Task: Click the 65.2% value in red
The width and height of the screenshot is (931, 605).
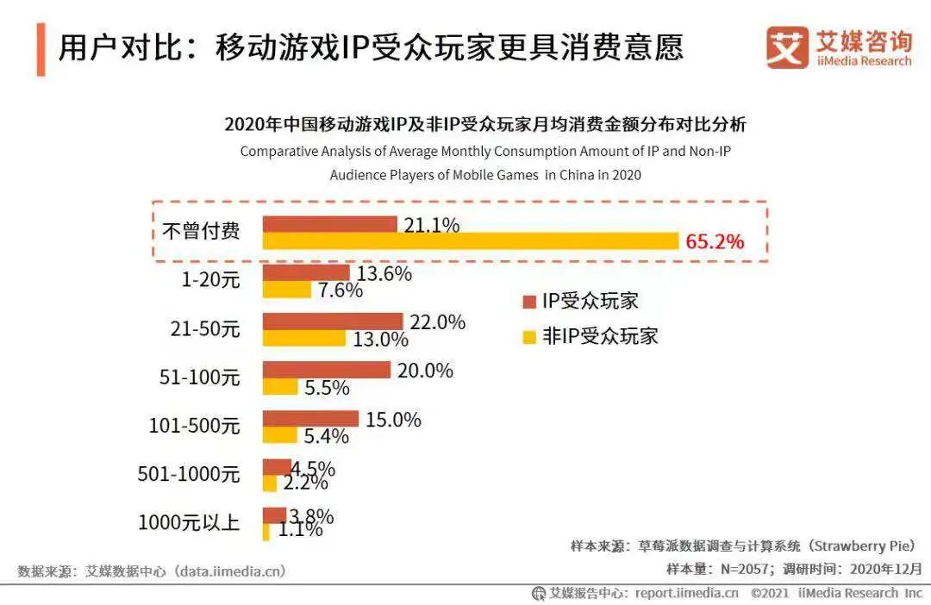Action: pyautogui.click(x=715, y=241)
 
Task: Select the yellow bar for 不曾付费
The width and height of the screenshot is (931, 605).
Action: pyautogui.click(x=471, y=241)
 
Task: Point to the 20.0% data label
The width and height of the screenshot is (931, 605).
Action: pyautogui.click(x=425, y=371)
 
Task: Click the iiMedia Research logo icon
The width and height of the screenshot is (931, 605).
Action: pyautogui.click(x=787, y=47)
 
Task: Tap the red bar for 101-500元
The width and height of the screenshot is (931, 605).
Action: pyautogui.click(x=310, y=419)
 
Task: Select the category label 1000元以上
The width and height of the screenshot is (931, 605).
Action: pyautogui.click(x=189, y=521)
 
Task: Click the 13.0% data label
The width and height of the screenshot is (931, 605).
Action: pyautogui.click(x=380, y=339)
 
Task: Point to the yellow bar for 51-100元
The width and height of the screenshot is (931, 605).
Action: pyautogui.click(x=280, y=387)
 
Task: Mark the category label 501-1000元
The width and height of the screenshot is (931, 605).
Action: pyautogui.click(x=189, y=473)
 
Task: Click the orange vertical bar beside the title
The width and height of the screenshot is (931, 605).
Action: pyautogui.click(x=41, y=50)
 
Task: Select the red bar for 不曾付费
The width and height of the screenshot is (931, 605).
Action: pyautogui.click(x=329, y=225)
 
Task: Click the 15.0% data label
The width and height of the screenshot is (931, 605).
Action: pyautogui.click(x=393, y=420)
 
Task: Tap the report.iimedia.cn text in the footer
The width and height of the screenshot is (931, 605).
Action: pyautogui.click(x=687, y=593)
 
